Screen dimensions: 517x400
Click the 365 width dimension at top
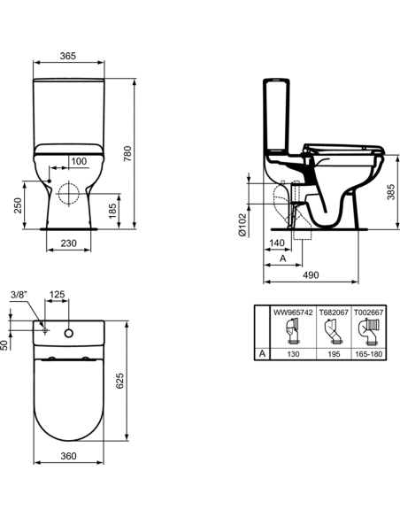click(67, 56)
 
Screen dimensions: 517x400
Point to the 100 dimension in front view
click(79, 161)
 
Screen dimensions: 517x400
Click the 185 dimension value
click(112, 211)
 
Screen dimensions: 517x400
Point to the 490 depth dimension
click(310, 276)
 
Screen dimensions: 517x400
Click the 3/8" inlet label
click(19, 296)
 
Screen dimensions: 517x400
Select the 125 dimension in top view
click(57, 296)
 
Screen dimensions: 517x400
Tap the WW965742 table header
click(292, 313)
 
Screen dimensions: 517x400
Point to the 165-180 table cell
click(368, 351)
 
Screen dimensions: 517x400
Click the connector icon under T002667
click(368, 332)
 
